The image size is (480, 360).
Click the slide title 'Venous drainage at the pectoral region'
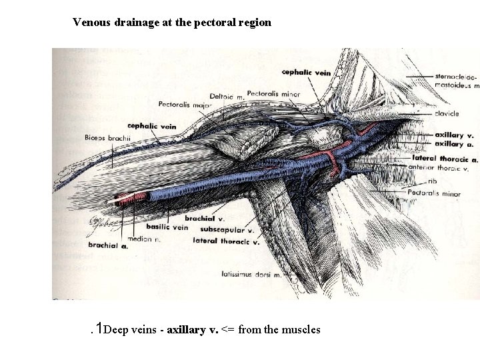tap(172, 22)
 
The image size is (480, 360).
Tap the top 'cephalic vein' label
tap(306, 72)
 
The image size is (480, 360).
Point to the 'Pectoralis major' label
tap(185, 104)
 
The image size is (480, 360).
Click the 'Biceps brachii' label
tap(108, 138)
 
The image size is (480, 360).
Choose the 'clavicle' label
tap(446, 114)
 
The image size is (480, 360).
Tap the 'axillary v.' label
tap(453, 135)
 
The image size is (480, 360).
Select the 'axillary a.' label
tap(453, 143)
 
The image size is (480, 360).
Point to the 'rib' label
tap(433, 180)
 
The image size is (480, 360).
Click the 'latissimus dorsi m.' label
tap(251, 273)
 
